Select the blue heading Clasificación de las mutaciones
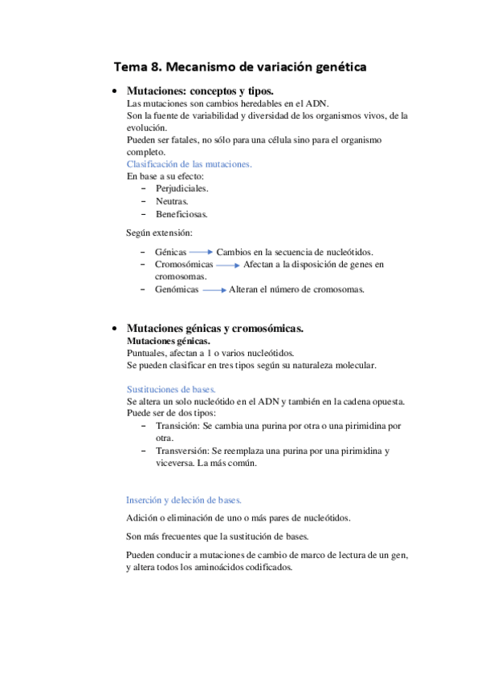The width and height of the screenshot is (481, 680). [190, 164]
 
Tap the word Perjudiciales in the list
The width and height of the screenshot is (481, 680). [181, 188]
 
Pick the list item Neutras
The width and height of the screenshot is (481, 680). [172, 201]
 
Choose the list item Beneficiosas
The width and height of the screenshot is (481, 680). [181, 214]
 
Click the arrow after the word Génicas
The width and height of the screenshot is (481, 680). [202, 252]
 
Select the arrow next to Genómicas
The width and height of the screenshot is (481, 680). [214, 289]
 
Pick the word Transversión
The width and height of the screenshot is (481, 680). [182, 451]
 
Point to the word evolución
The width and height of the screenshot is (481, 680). [147, 127]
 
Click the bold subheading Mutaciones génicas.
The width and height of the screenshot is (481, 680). [164, 341]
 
